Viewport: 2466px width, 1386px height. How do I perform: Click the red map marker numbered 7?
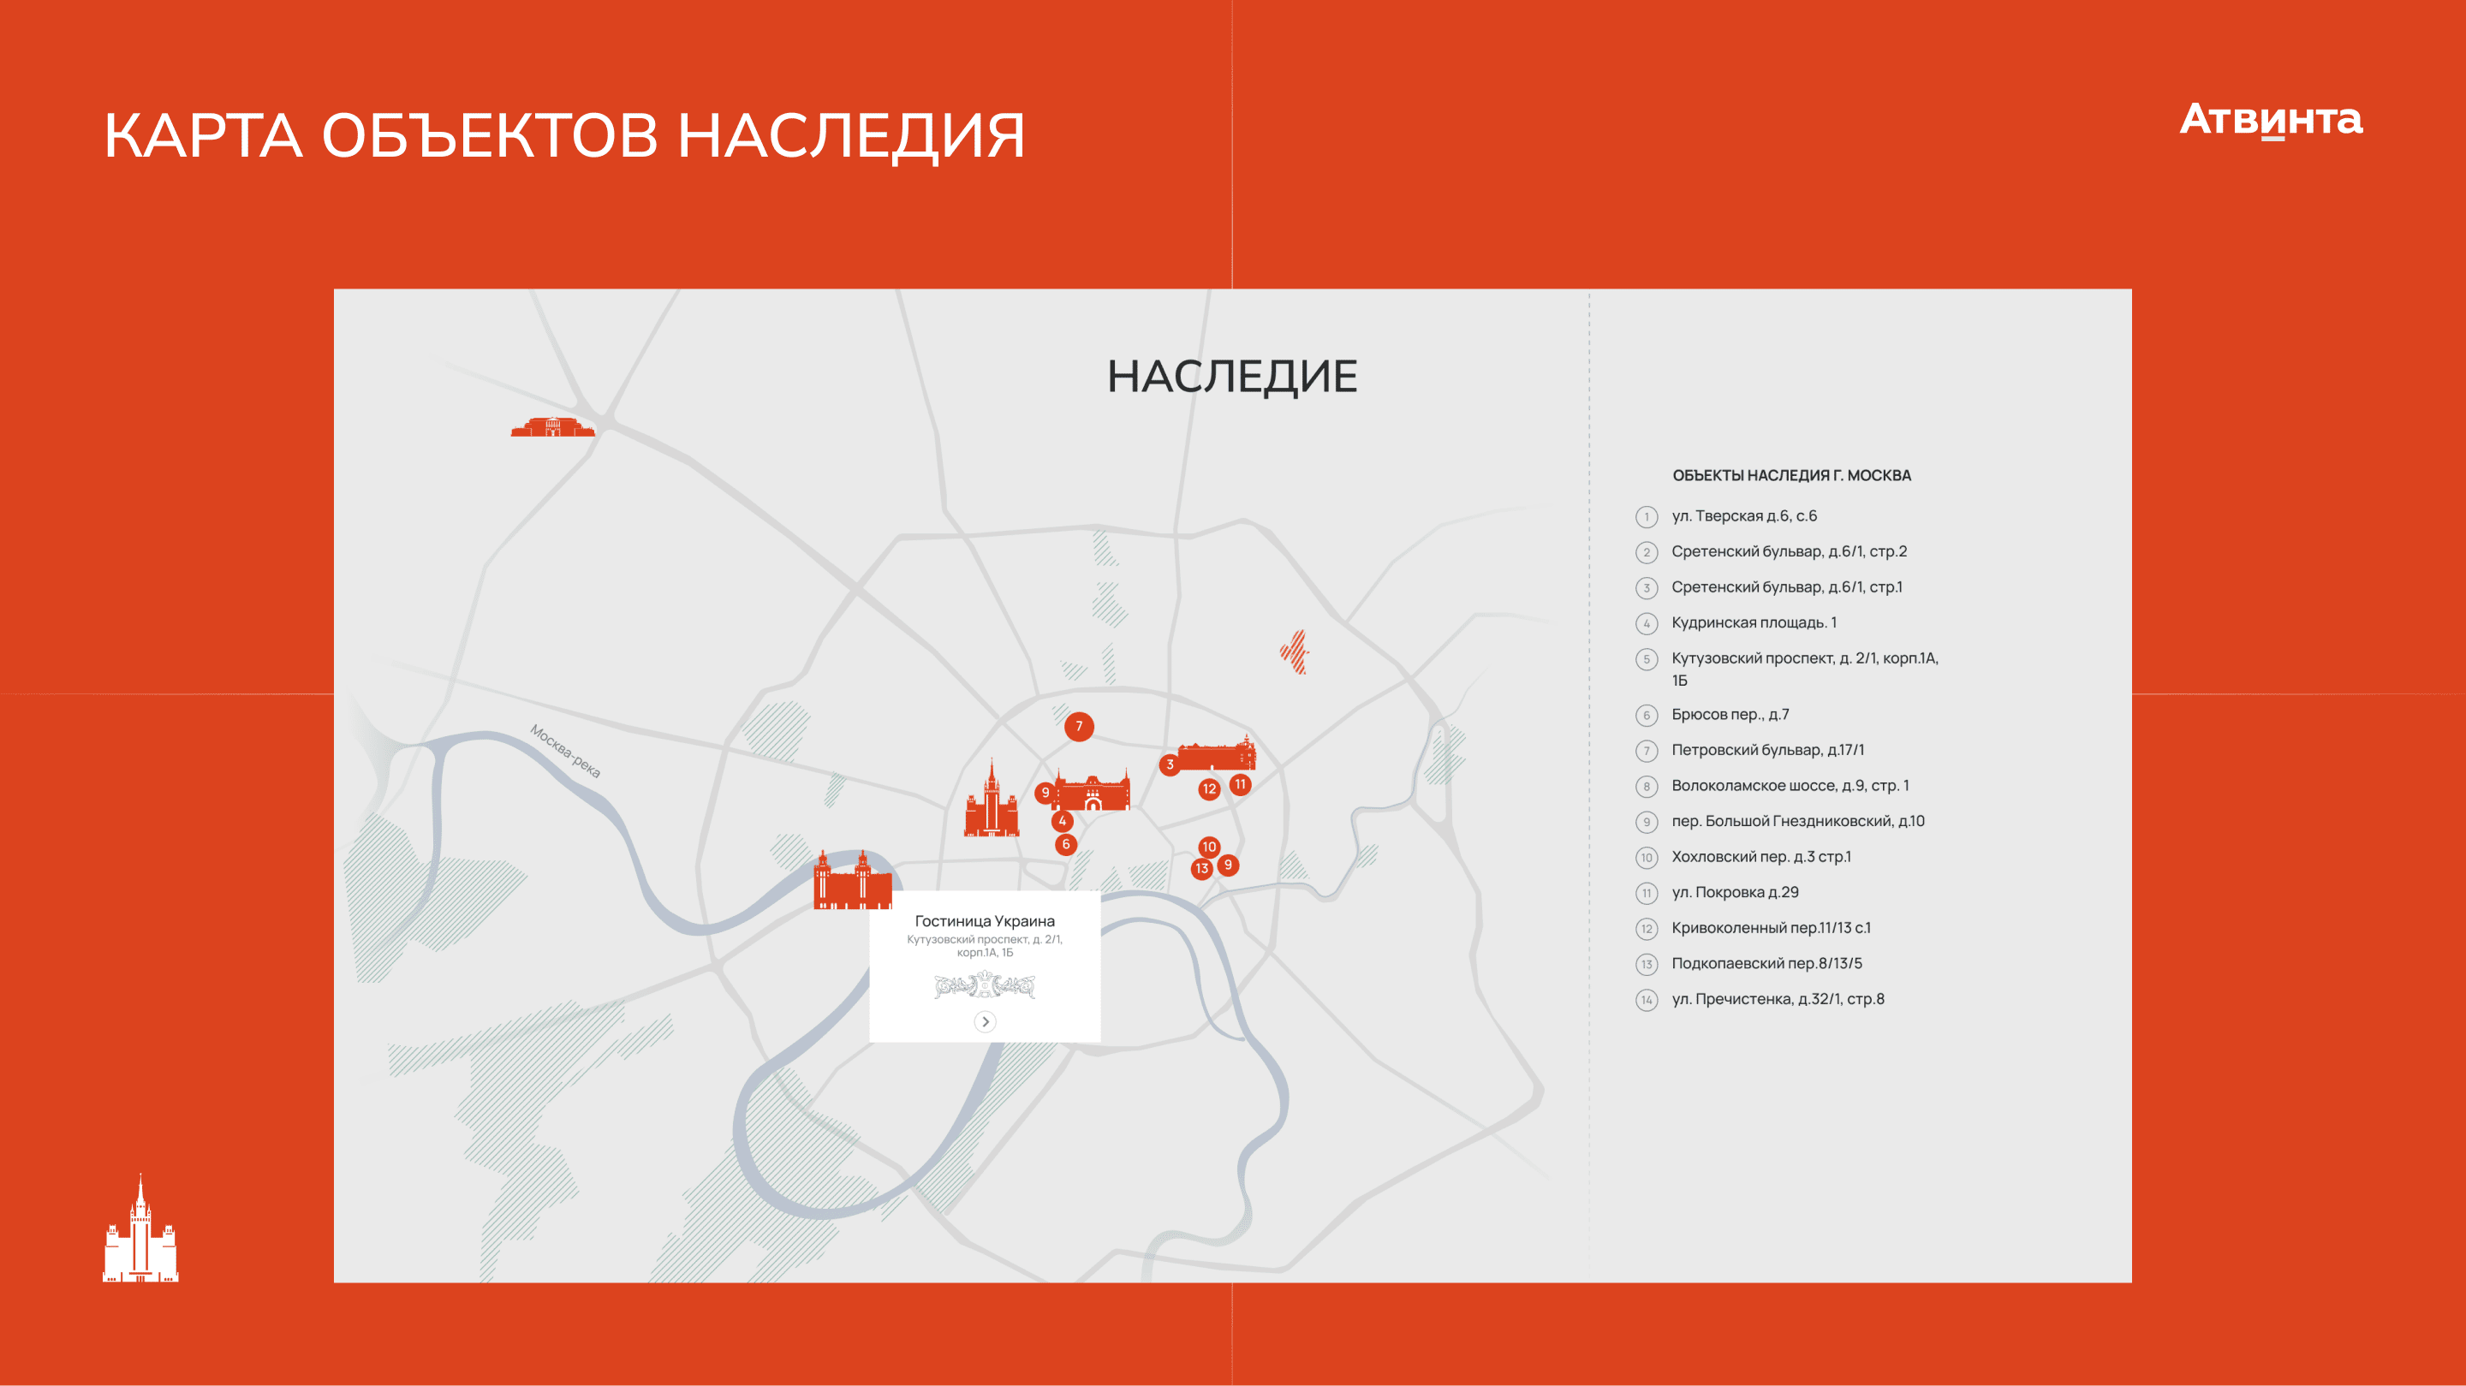(x=1079, y=727)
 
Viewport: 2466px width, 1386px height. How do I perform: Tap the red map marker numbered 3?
(x=1169, y=764)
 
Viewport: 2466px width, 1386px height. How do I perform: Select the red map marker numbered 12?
(x=1209, y=789)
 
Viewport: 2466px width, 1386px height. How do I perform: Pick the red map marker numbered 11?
(x=1241, y=785)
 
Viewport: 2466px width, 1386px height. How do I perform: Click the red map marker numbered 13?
(x=1201, y=869)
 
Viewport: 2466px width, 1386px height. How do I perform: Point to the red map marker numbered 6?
(x=1065, y=844)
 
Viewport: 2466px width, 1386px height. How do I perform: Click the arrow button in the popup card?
(x=985, y=1021)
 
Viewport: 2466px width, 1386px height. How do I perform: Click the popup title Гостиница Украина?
(x=985, y=921)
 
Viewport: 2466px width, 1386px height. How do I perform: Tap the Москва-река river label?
(x=565, y=752)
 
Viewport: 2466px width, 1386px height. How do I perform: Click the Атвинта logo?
(x=2271, y=121)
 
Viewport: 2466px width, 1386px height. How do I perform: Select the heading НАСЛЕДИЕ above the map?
(x=1232, y=376)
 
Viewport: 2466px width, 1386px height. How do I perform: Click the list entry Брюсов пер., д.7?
(x=1730, y=715)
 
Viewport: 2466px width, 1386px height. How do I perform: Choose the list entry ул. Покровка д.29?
(x=1735, y=892)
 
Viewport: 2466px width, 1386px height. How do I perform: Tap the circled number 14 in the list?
(x=1647, y=1000)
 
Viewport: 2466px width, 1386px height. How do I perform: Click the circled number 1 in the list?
(x=1647, y=517)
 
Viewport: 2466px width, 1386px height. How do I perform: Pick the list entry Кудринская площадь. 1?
(x=1754, y=623)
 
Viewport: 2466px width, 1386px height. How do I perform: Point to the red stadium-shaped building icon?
(x=552, y=427)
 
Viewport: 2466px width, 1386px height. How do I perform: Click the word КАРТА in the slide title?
(x=203, y=135)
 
